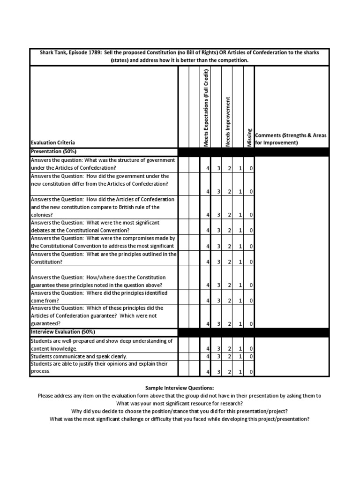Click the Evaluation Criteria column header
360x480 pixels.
(x=52, y=142)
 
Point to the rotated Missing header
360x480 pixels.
(x=249, y=137)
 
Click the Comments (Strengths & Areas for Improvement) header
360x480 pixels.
(x=291, y=139)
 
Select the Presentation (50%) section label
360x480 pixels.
(x=53, y=151)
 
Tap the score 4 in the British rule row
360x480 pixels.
(x=208, y=215)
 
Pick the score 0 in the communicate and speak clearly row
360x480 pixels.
(x=251, y=357)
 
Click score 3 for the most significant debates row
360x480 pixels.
(x=218, y=231)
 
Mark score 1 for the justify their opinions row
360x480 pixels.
(x=240, y=372)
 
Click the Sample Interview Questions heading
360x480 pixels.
(x=180, y=388)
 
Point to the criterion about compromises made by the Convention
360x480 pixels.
(x=103, y=242)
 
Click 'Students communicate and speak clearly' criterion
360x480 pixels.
(x=79, y=357)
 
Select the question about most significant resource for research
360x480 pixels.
(x=180, y=404)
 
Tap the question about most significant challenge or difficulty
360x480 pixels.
(x=180, y=419)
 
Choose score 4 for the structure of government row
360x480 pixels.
(x=208, y=168)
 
